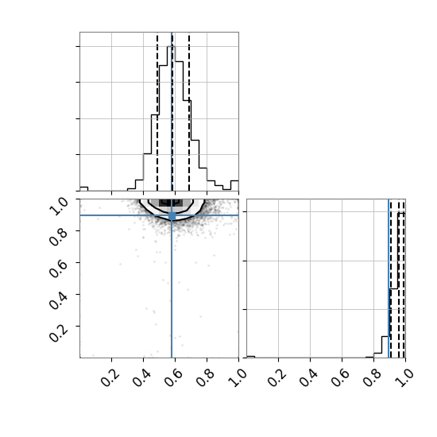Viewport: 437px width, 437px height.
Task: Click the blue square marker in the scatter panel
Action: pos(172,215)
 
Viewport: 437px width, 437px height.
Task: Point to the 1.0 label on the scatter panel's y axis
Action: pos(59,207)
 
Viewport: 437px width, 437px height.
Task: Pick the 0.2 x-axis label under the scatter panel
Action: pos(110,377)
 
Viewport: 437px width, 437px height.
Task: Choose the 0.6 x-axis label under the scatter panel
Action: pos(174,377)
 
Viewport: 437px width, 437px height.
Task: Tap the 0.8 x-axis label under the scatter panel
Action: pos(206,377)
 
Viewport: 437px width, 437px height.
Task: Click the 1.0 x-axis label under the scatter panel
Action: pos(238,377)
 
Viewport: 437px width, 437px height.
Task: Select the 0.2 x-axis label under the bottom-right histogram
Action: pos(277,377)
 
